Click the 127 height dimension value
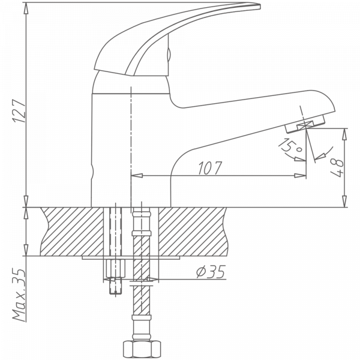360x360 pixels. coord(19,114)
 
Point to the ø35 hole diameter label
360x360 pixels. coord(211,274)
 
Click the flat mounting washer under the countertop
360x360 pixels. coord(132,258)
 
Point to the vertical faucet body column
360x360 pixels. coord(111,150)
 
